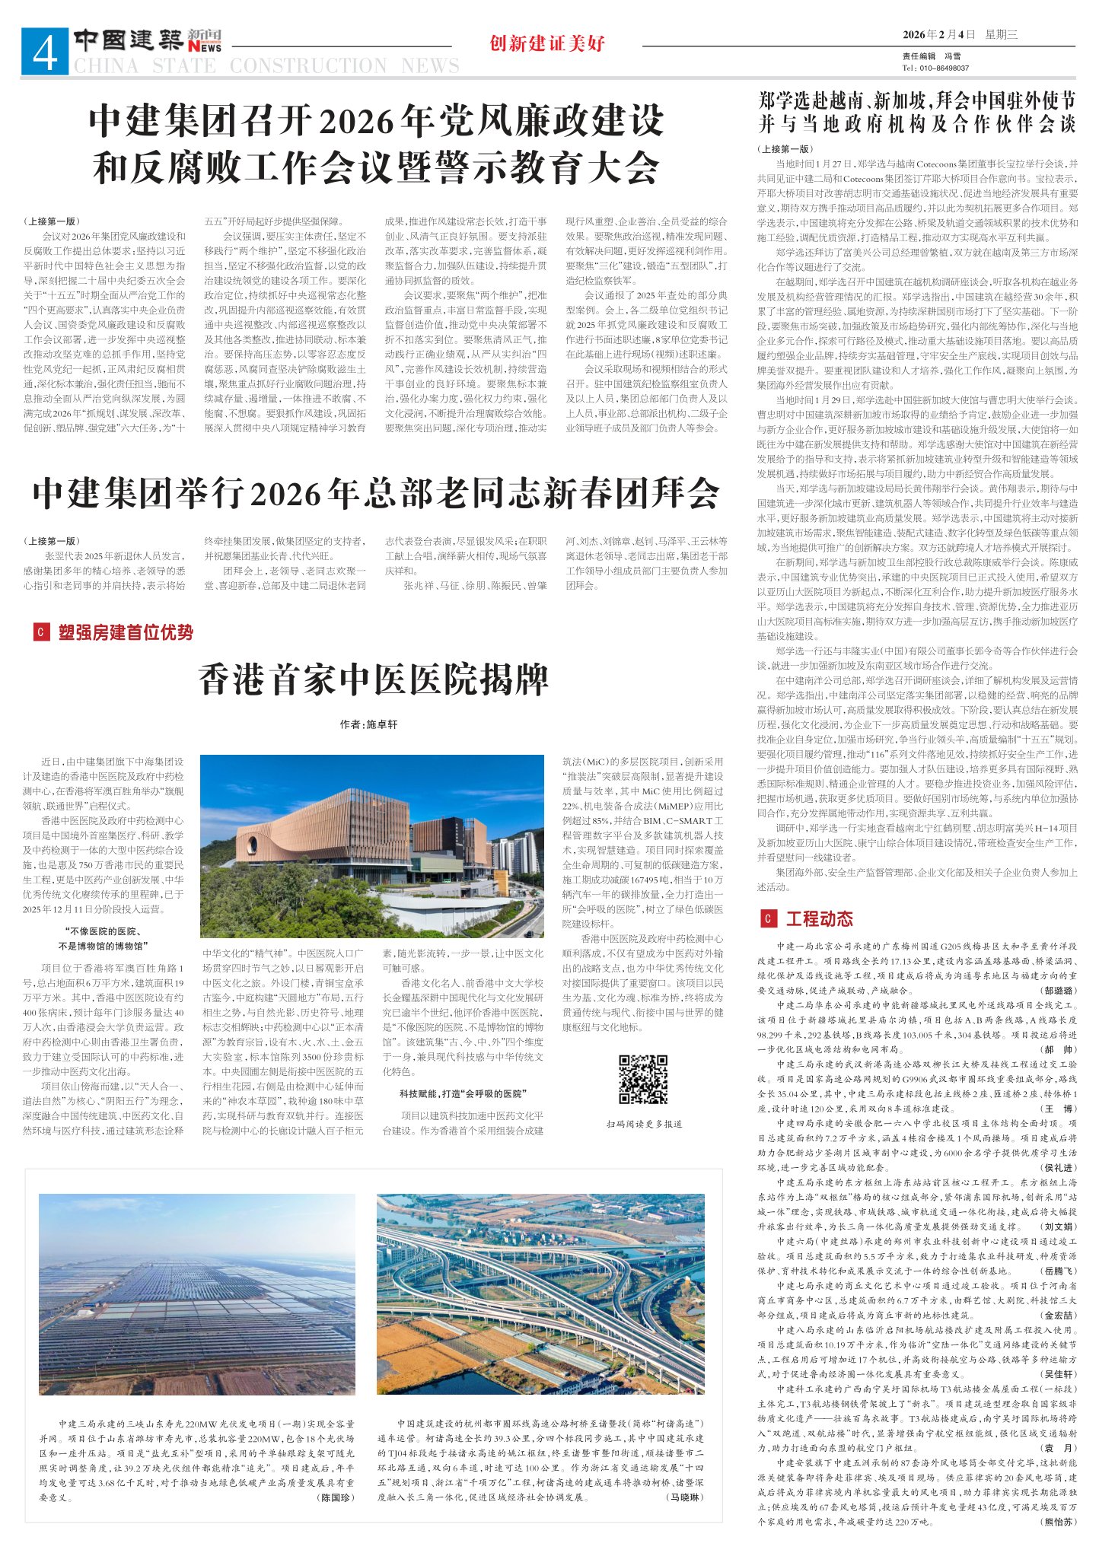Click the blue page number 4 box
(45, 52)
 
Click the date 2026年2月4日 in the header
(938, 34)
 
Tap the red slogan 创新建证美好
(547, 43)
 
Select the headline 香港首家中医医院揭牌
(374, 679)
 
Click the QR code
(643, 1079)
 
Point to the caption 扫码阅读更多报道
(644, 1123)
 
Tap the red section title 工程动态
(819, 918)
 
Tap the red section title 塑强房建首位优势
(126, 632)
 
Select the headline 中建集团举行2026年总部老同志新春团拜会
(376, 494)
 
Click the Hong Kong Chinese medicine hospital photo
(372, 845)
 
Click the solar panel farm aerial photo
(197, 1294)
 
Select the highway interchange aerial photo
(541, 1294)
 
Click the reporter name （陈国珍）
(336, 1497)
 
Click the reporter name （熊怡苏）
(1059, 1522)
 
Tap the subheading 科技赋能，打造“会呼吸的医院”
(463, 1093)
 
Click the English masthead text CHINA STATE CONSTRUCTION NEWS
(266, 66)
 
